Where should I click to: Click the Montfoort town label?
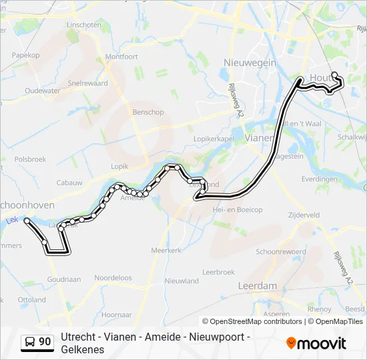[121, 57]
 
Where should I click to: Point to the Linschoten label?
[84, 25]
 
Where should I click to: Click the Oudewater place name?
[42, 91]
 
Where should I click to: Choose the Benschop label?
[147, 113]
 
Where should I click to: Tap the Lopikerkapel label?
[214, 137]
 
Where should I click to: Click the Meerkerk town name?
[167, 250]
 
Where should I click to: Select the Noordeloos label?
[113, 278]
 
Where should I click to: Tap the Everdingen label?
[319, 179]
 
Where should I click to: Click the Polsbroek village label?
[30, 160]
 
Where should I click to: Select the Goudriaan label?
[64, 281]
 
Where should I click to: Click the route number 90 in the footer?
[45, 342]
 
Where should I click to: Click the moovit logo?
[316, 343]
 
